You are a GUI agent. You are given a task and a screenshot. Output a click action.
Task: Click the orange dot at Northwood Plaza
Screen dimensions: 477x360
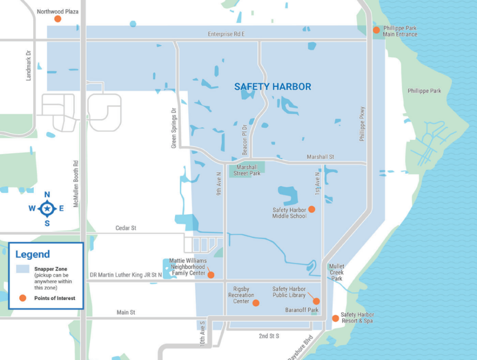(58, 19)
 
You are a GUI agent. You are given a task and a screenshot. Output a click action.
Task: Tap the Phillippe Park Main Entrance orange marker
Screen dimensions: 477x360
(376, 30)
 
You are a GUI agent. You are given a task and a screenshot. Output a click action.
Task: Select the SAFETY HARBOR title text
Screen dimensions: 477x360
(273, 87)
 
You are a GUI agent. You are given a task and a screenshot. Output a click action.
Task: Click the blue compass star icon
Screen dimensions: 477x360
(47, 209)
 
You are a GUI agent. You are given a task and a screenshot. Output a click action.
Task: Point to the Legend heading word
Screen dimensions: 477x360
(33, 254)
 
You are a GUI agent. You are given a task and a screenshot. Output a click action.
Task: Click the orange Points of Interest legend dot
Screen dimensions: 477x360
(22, 298)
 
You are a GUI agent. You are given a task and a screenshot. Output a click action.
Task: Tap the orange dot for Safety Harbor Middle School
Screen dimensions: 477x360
(312, 209)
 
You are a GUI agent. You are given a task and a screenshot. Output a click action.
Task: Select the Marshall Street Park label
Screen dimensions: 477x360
(247, 170)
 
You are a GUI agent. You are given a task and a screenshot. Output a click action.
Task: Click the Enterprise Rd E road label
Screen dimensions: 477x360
(226, 34)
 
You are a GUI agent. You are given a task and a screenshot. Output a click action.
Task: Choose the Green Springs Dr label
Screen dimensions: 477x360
(174, 129)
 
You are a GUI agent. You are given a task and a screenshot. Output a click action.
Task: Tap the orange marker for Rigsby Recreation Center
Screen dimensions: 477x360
(255, 303)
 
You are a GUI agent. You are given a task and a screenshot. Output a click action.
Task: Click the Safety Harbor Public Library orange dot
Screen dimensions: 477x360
(316, 301)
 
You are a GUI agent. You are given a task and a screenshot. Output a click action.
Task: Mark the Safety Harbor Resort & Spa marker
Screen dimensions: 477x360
(335, 318)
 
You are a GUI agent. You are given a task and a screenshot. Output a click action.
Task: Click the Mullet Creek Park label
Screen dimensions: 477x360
(337, 272)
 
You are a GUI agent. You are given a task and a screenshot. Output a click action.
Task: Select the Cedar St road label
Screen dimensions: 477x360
(126, 228)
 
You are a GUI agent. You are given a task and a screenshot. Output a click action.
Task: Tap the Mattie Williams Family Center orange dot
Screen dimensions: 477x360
(211, 275)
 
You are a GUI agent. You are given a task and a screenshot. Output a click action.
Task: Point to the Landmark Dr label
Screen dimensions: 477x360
(28, 65)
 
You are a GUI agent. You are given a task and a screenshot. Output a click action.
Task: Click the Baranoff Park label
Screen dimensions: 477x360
(302, 310)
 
